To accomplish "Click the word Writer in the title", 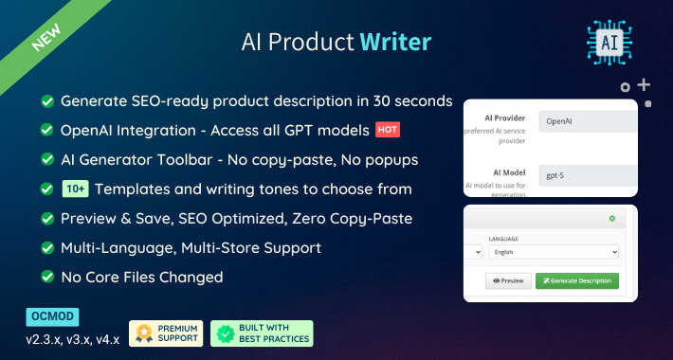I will click(x=395, y=42).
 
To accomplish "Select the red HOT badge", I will click(x=386, y=129).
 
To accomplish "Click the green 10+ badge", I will click(x=76, y=189).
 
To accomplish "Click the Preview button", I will click(x=508, y=280).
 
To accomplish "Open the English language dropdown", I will click(x=554, y=253).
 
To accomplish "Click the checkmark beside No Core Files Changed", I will click(x=45, y=278).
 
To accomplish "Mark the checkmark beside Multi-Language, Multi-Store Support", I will click(x=45, y=248).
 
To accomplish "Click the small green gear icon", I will click(x=611, y=219).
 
